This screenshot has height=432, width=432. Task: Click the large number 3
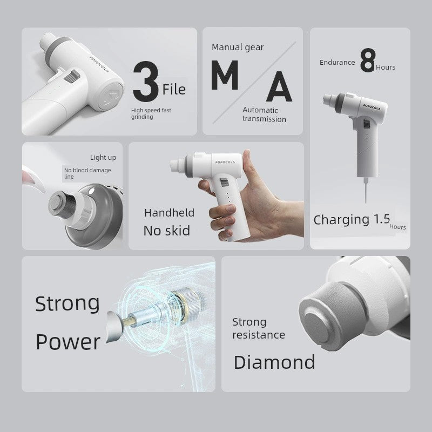[146, 82]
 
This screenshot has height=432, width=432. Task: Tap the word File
[174, 90]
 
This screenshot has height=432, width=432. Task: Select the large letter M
[225, 75]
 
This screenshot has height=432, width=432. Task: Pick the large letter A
[279, 86]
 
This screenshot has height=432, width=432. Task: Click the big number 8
[368, 60]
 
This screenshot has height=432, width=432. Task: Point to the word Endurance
[337, 63]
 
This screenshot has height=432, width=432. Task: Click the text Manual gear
[238, 48]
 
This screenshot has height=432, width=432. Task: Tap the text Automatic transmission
[264, 114]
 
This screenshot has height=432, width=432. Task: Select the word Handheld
[169, 213]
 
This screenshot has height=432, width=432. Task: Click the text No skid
[167, 231]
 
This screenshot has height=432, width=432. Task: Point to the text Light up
[103, 158]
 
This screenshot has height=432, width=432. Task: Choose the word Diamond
[274, 362]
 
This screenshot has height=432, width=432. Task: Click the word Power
[68, 342]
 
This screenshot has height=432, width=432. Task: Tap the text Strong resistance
[259, 328]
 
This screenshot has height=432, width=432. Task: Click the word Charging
[341, 220]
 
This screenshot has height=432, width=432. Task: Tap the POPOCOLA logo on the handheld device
[225, 163]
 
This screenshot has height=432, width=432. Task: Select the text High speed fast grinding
[151, 113]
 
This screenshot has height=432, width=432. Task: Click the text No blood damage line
[87, 173]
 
